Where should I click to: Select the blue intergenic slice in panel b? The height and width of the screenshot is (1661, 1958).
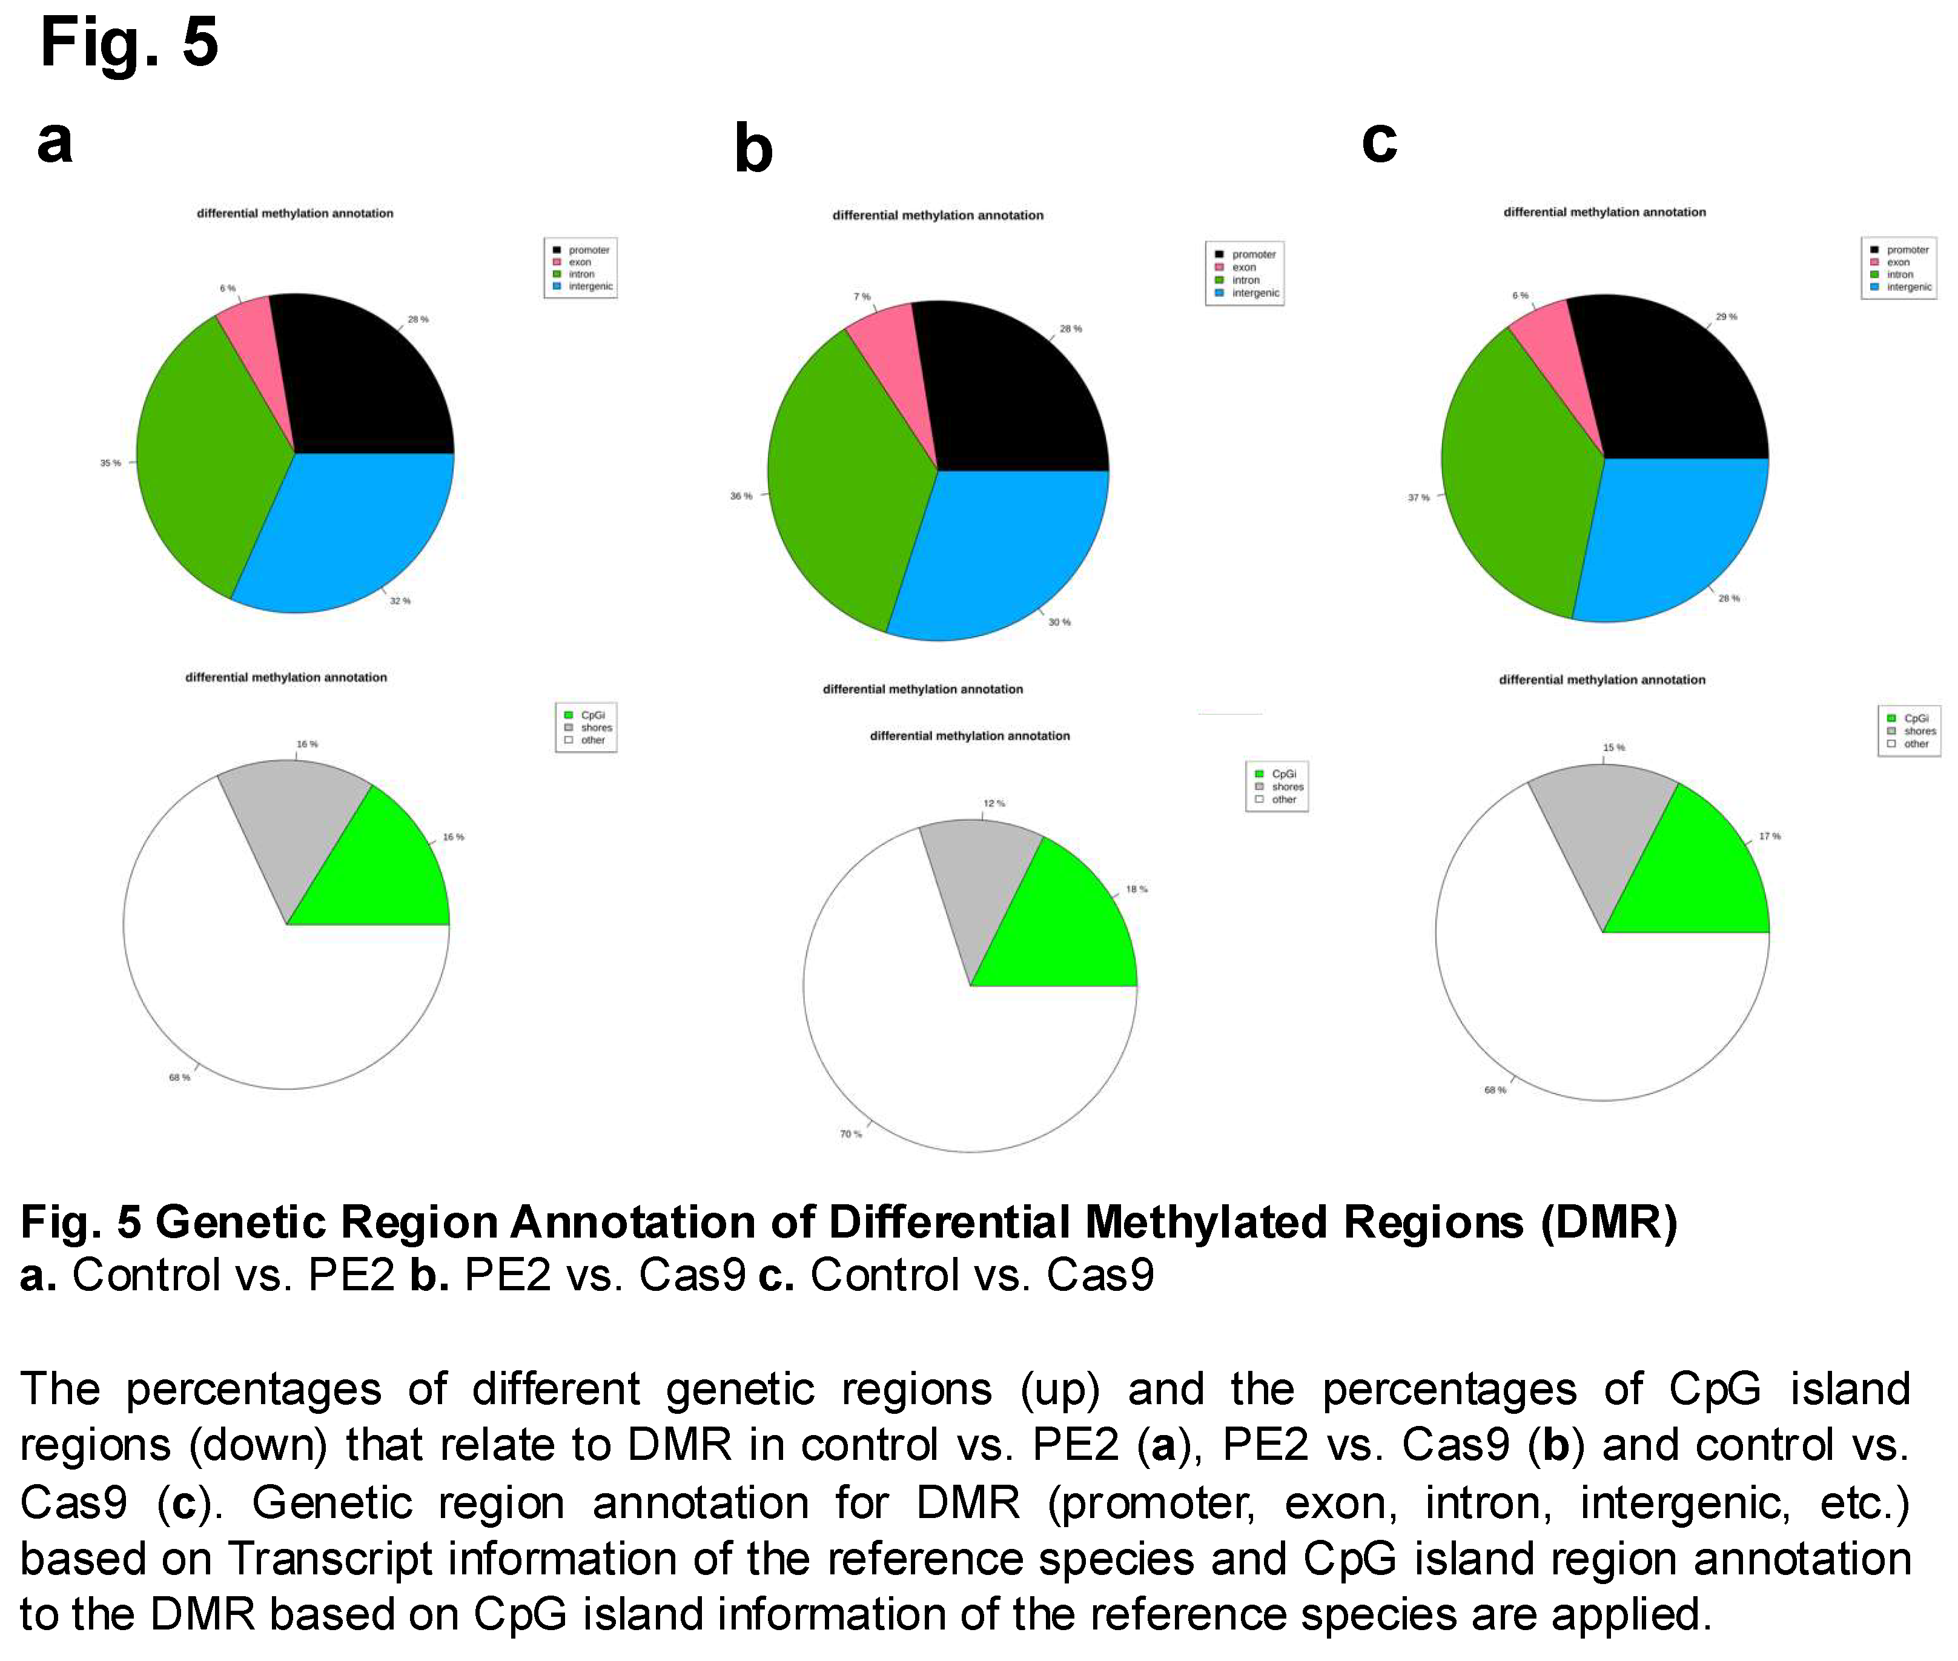click(x=998, y=555)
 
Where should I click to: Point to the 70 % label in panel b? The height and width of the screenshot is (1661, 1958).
click(x=851, y=1134)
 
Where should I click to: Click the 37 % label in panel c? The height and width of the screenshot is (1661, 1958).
click(x=1418, y=497)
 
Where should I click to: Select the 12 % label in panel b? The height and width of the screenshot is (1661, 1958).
click(x=994, y=803)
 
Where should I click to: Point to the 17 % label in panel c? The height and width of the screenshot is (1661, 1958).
click(x=1770, y=836)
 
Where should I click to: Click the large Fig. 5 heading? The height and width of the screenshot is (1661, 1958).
click(x=129, y=42)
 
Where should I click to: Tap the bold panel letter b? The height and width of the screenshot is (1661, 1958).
click(x=753, y=149)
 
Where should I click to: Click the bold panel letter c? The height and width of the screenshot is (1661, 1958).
click(x=1379, y=141)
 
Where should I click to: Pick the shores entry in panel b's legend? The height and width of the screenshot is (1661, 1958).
click(x=1287, y=786)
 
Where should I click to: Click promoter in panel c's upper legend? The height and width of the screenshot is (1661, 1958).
click(x=1907, y=250)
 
